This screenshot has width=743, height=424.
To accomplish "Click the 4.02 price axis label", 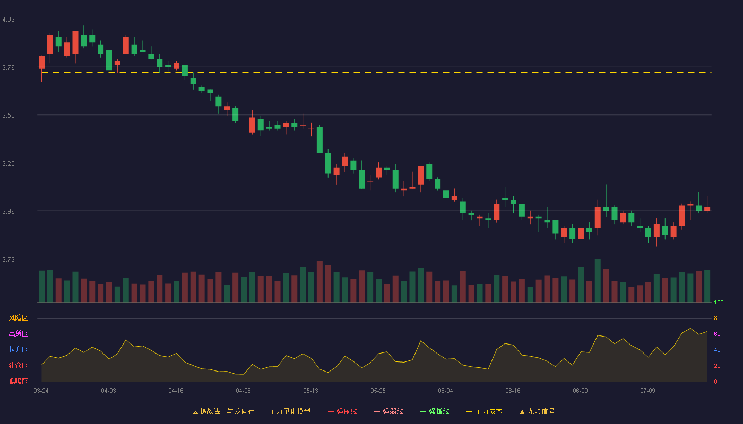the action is [x=8, y=20].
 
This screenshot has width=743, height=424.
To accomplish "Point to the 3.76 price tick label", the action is [x=8, y=68].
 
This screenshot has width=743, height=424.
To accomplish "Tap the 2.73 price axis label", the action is [x=8, y=260].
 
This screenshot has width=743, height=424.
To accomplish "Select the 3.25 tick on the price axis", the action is [x=8, y=164].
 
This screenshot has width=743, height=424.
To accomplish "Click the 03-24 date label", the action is [x=41, y=391].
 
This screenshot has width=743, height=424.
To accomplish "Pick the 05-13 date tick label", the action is [x=310, y=391].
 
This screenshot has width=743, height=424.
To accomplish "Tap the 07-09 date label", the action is [x=647, y=391].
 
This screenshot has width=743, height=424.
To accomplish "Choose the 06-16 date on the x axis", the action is [x=513, y=391].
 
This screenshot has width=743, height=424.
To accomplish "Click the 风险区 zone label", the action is [x=18, y=318].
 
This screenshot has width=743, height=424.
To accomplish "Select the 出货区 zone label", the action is [x=18, y=333].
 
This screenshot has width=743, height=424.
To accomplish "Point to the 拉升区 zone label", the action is [x=18, y=349].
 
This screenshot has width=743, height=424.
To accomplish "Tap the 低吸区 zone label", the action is [x=18, y=381].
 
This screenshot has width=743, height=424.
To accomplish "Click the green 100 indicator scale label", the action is [x=719, y=302].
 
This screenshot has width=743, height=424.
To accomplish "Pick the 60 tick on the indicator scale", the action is [x=717, y=334].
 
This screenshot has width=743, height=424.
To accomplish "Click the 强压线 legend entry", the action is [x=342, y=411].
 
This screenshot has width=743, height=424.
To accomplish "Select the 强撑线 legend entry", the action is [x=435, y=411].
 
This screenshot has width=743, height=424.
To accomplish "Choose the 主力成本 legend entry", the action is [x=484, y=411].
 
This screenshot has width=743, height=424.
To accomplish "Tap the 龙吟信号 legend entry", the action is [x=537, y=411].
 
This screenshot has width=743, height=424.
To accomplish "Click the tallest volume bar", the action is [x=598, y=280].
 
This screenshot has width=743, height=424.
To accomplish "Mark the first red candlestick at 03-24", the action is [x=41, y=63].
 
